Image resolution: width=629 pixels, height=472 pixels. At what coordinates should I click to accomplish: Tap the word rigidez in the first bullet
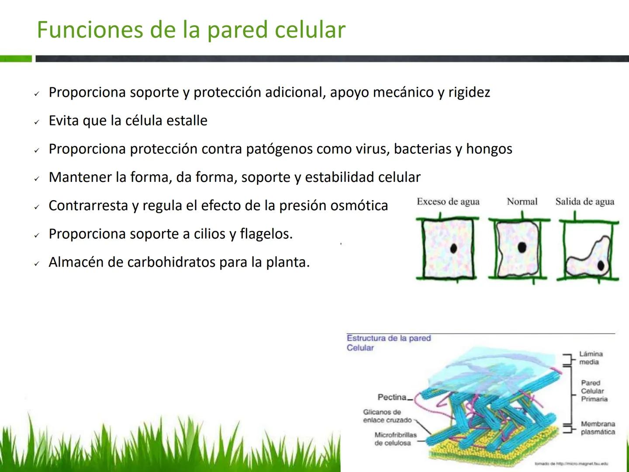pos(469,92)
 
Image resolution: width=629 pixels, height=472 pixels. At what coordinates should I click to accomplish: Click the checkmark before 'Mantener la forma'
pos(37,179)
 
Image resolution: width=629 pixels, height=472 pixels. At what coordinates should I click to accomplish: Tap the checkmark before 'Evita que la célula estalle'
pos(37,122)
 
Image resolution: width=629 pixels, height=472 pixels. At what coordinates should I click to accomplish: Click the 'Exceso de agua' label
pos(448,201)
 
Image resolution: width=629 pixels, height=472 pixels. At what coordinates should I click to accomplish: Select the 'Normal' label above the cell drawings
pos(522,201)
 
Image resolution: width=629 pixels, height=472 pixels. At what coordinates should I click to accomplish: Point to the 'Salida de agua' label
pos(584,201)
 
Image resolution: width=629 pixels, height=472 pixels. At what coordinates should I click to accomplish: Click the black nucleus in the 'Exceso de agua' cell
pos(453,249)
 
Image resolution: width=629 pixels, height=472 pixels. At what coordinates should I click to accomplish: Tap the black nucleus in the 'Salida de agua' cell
pos(601,265)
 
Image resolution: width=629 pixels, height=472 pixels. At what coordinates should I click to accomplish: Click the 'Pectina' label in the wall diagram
pos(392,397)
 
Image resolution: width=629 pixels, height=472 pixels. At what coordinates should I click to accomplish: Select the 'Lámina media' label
pos(591,358)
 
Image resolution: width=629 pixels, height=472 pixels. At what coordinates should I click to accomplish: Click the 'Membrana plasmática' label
pos(598,428)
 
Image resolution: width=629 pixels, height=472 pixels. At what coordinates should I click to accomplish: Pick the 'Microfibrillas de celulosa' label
pos(395,439)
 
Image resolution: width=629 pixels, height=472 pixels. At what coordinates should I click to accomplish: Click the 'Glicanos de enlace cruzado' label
pos(387,416)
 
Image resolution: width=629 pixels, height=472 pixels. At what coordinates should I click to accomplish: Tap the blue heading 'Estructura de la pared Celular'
pos(388,343)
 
